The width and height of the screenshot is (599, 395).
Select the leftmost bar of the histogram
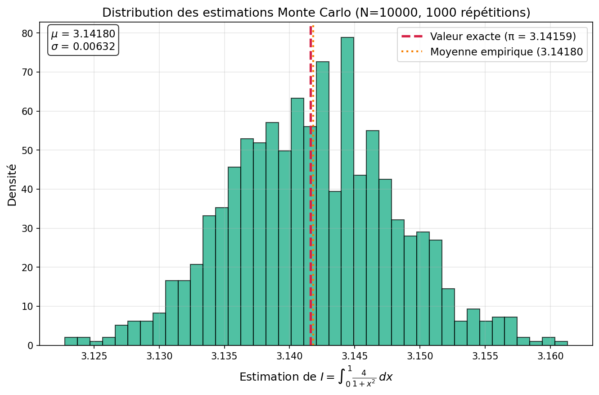tap(71, 341)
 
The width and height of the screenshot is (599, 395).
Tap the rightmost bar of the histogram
tap(561, 343)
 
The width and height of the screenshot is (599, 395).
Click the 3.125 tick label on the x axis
tap(94, 356)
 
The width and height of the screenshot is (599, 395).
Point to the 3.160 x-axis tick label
tap(550, 356)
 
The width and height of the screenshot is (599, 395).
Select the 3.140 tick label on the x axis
tap(289, 356)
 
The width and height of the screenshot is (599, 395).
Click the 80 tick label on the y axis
tap(27, 33)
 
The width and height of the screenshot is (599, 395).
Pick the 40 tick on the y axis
tap(27, 189)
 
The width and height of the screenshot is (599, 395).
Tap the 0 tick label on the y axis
tap(30, 345)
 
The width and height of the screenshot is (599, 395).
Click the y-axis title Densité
tap(12, 185)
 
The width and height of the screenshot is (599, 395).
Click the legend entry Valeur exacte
tap(503, 36)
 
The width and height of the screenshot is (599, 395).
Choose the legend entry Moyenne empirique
tap(506, 52)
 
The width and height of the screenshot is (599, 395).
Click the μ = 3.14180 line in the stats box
tap(83, 34)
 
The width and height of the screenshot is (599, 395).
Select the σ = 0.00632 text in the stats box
tap(83, 46)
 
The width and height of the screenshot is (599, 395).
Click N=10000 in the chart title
tap(379, 13)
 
